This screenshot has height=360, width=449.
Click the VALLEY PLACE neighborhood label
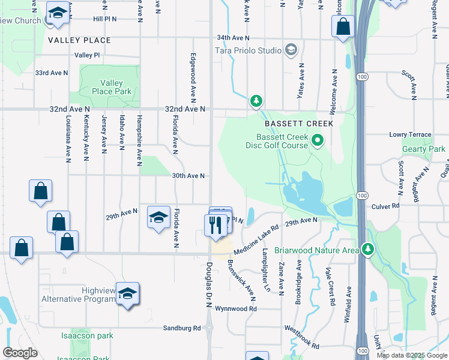point(80,40)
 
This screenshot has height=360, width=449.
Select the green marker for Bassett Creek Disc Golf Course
point(318,141)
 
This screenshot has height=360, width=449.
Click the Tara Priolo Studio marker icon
point(291,49)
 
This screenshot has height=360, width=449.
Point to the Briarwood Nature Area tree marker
point(367,249)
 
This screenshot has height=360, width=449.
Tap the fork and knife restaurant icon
point(214,226)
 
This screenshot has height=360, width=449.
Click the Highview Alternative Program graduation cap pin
point(127,293)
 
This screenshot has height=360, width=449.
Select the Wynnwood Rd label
point(237,309)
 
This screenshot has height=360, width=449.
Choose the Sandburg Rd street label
point(182,328)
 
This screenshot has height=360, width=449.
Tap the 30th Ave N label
point(189,176)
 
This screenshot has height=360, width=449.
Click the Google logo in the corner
point(20,352)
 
